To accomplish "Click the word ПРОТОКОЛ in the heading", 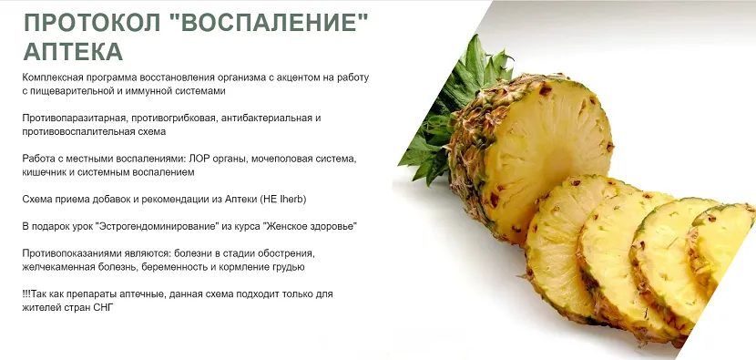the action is pos(92,22).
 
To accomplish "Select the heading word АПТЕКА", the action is pos(73,51).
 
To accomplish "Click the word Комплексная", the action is pos(53,77).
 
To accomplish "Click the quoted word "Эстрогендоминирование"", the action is pos(158,226).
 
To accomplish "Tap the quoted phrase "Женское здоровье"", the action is pos(311,226).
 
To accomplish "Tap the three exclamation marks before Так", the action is pos(26,293).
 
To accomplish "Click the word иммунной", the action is pos(144,91).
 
